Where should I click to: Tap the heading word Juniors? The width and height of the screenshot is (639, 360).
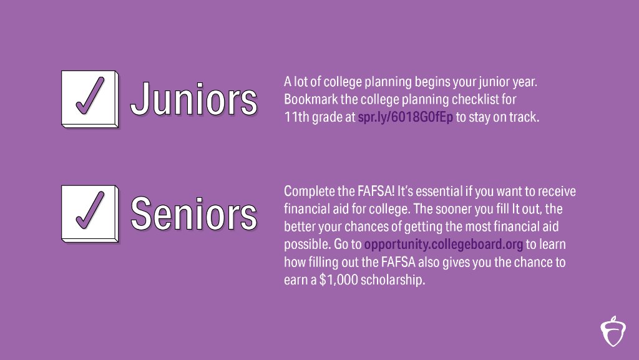tap(194, 99)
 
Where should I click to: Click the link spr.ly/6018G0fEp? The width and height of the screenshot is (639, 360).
tap(404, 117)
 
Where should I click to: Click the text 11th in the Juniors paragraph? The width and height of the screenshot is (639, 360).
tap(295, 117)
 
